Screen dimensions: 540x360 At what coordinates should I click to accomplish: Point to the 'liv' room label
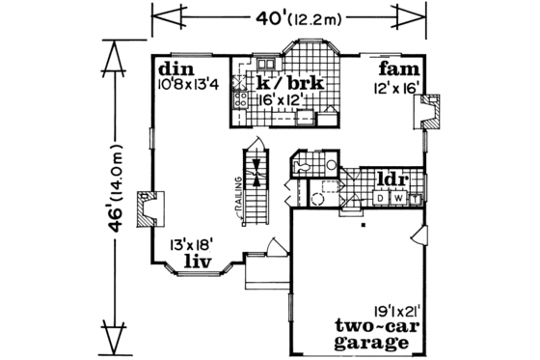pyautogui.click(x=198, y=261)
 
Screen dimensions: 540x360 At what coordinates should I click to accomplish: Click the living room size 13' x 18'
pyautogui.click(x=193, y=245)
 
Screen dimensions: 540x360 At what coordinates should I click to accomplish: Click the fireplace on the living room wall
pyautogui.click(x=148, y=207)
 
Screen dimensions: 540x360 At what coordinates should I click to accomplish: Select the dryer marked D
pyautogui.click(x=381, y=198)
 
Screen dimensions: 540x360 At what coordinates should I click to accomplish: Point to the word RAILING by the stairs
pyautogui.click(x=234, y=201)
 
